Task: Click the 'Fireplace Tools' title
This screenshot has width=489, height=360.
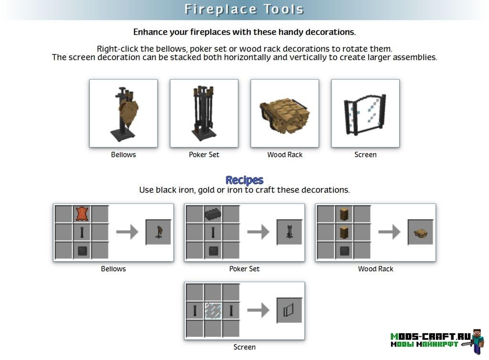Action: (244, 10)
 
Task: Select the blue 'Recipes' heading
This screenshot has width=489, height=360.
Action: (244, 180)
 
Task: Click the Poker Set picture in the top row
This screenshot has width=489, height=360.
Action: (204, 114)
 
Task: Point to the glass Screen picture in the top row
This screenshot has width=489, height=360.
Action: (365, 114)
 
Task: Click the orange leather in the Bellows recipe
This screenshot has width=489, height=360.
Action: (82, 214)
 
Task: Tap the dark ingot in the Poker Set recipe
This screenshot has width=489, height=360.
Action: (213, 214)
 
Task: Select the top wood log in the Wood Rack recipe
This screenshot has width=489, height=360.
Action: (344, 214)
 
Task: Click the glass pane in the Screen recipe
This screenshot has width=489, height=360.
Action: (213, 311)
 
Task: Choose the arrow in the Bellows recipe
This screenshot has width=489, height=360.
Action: (127, 232)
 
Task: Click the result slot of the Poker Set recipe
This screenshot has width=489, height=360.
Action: (289, 232)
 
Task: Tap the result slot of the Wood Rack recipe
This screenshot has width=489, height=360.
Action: (420, 232)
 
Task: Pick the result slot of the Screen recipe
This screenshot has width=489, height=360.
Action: (289, 310)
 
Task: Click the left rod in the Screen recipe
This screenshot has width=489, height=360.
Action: (195, 311)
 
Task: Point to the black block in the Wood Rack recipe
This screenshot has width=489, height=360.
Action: (344, 251)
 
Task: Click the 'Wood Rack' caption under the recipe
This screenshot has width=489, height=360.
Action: (375, 269)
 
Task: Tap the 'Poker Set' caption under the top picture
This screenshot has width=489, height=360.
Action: (204, 155)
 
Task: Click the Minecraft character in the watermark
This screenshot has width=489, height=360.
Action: (477, 341)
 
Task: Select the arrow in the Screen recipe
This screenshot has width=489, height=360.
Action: (258, 310)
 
